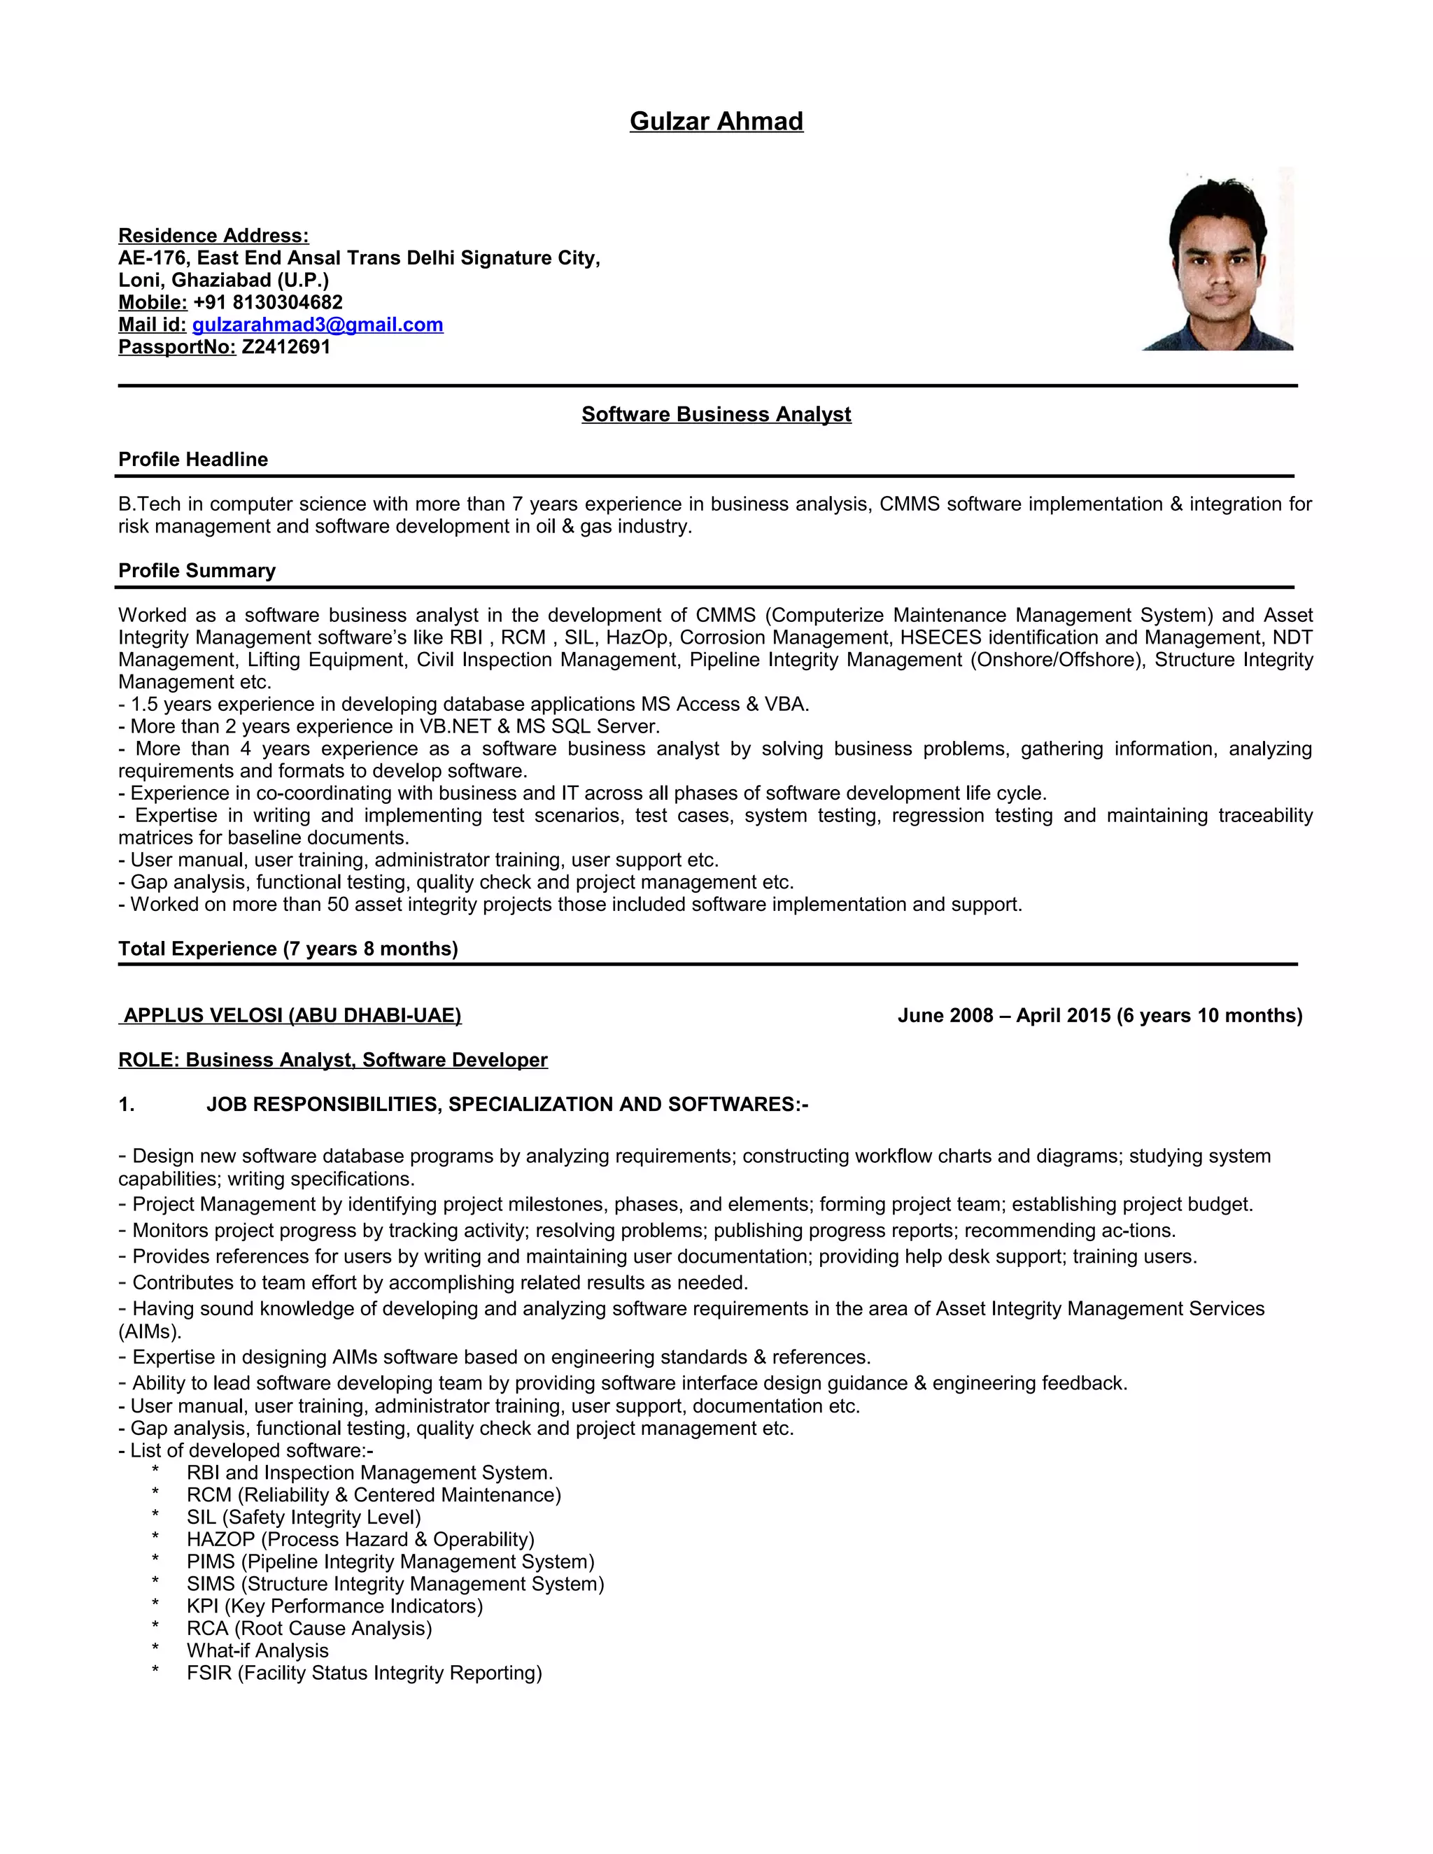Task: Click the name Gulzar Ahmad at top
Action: tap(716, 122)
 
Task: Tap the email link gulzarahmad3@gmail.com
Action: tap(318, 325)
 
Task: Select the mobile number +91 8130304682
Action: tap(267, 303)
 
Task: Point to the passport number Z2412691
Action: tap(285, 347)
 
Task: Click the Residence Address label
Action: tap(213, 236)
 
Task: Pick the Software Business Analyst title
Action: tap(716, 414)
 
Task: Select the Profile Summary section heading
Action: tap(197, 570)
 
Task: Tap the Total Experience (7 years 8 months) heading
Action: tap(288, 949)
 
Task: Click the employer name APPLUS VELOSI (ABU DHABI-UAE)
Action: tap(291, 1016)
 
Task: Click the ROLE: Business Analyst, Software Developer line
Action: tap(333, 1060)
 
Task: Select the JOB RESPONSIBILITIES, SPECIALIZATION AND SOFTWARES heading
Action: tap(507, 1105)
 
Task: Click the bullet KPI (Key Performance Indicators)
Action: tap(334, 1606)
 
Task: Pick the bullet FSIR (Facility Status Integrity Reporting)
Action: tap(363, 1673)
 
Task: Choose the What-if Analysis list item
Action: tap(257, 1651)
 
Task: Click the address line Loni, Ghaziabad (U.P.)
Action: tap(223, 280)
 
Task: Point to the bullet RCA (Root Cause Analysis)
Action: tap(309, 1628)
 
